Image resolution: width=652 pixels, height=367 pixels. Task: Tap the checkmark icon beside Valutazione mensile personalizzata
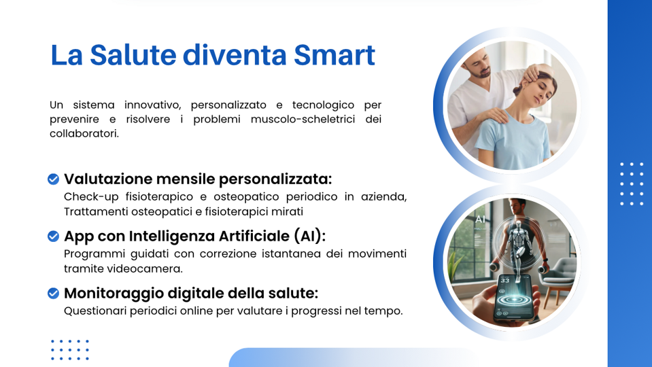53,179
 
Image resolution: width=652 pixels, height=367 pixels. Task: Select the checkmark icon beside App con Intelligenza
53,237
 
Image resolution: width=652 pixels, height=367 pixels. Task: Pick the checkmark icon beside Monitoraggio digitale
53,294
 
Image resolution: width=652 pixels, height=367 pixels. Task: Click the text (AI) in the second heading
309,237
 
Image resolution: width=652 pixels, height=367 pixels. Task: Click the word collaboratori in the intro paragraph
84,133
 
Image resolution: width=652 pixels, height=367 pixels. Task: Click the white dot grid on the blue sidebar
632,183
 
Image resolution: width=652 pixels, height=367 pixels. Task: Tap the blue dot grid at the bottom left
70,350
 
